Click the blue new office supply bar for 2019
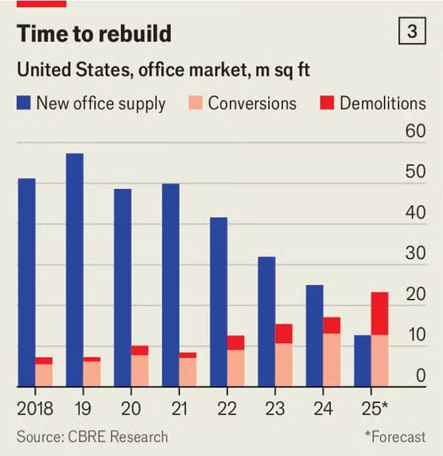click(75, 269)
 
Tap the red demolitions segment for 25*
click(380, 314)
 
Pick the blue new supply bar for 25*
click(362, 360)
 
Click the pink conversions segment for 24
click(332, 359)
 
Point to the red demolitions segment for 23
click(284, 334)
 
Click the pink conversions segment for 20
click(140, 370)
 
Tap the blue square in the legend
click(24, 103)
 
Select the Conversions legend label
click(252, 103)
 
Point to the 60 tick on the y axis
click(416, 133)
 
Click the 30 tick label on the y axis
click(416, 255)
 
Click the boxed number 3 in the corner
click(411, 32)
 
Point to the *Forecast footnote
click(395, 437)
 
